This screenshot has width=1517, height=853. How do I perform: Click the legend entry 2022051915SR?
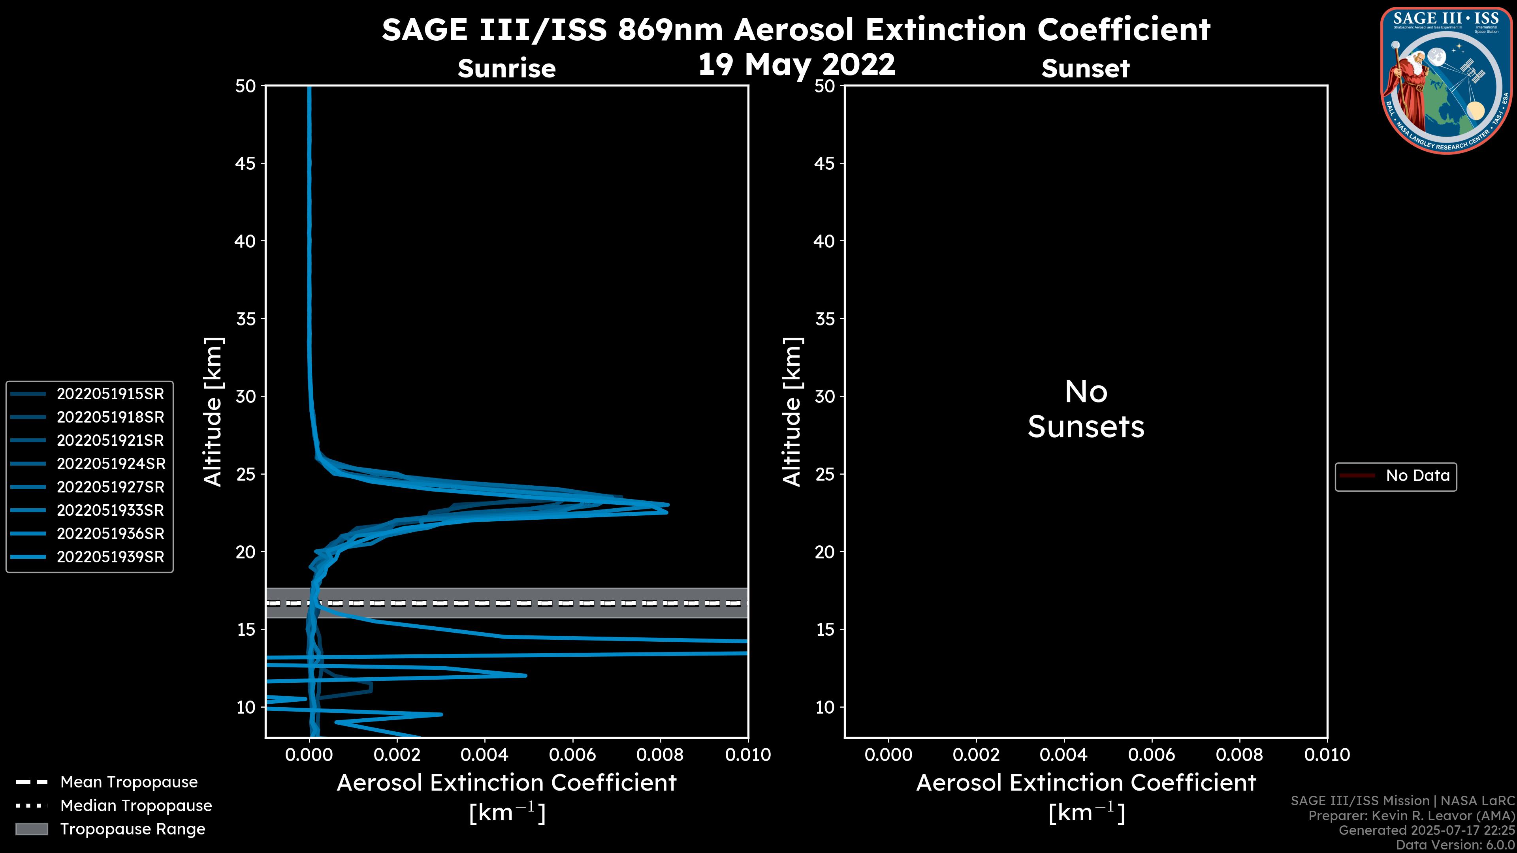point(110,394)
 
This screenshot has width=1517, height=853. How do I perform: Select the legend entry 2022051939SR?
point(110,557)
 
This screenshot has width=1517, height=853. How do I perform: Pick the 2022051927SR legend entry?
point(110,487)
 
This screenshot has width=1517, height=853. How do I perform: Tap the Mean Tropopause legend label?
point(129,782)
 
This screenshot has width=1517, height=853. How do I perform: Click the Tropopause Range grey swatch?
point(31,829)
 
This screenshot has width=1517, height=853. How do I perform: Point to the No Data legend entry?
point(1417,475)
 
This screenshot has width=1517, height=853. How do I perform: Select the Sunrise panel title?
point(506,68)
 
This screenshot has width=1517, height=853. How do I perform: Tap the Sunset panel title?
point(1085,68)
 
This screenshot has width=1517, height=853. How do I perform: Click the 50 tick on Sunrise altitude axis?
point(246,86)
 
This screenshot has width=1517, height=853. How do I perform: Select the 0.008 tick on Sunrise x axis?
point(660,755)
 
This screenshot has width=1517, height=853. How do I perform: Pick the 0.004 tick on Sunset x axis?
point(1063,755)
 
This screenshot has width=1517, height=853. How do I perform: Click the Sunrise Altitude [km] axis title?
point(213,411)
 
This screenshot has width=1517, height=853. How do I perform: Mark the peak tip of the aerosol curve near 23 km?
point(667,505)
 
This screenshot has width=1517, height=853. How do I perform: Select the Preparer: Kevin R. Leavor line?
point(1411,815)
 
